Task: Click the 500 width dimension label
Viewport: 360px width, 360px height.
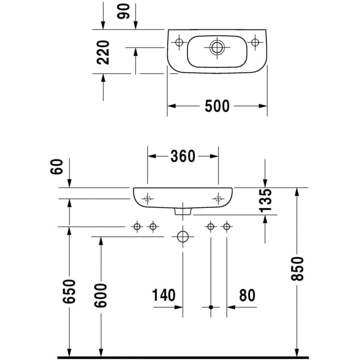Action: point(217,106)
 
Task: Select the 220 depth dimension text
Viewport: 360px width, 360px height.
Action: point(103,52)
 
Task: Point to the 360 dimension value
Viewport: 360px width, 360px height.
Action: point(183,156)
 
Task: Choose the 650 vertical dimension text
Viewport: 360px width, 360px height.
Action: point(70,291)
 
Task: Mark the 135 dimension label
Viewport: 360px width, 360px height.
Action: point(265,199)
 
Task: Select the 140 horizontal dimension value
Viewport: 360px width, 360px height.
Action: point(163,295)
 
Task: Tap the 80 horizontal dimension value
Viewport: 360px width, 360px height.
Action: point(247,295)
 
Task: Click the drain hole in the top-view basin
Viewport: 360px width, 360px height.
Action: point(216,48)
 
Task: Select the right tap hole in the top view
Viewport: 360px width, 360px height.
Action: point(255,42)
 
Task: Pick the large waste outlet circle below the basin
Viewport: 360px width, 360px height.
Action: point(183,237)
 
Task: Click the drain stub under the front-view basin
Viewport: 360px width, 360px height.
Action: point(183,211)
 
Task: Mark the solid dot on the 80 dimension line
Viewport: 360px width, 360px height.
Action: point(211,307)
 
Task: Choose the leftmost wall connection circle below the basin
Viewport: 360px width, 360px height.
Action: point(137,226)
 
